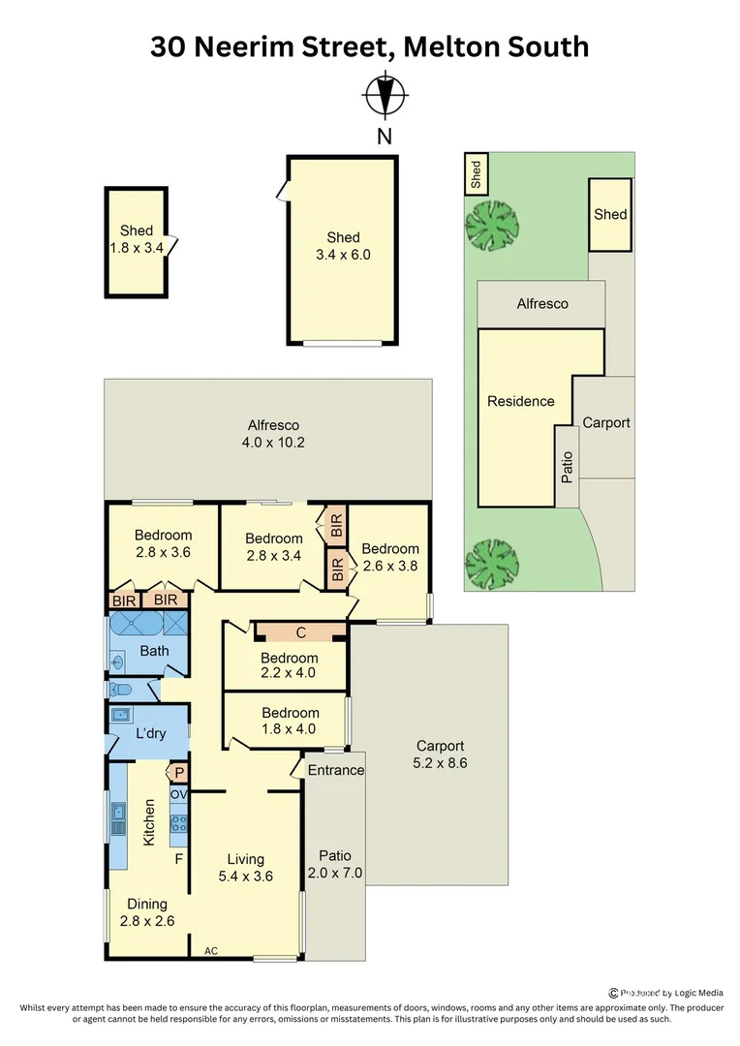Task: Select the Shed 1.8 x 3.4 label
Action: (x=137, y=239)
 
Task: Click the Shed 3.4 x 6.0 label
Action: (x=343, y=246)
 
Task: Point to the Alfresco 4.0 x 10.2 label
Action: (x=273, y=434)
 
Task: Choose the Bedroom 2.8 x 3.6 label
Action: (x=163, y=543)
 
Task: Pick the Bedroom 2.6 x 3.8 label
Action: (x=390, y=557)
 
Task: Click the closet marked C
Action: (x=300, y=632)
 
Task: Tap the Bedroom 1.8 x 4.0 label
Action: (x=289, y=722)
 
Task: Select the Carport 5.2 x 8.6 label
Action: (x=441, y=754)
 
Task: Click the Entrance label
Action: (x=335, y=770)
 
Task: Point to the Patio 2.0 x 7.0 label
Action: (x=335, y=865)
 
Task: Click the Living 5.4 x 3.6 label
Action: (x=245, y=868)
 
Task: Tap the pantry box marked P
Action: (x=179, y=772)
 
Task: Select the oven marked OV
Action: (x=178, y=794)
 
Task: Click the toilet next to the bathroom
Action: (x=121, y=691)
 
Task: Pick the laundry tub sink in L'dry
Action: (x=121, y=717)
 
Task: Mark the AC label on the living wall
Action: (x=211, y=951)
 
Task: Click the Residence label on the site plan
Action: (x=521, y=401)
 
